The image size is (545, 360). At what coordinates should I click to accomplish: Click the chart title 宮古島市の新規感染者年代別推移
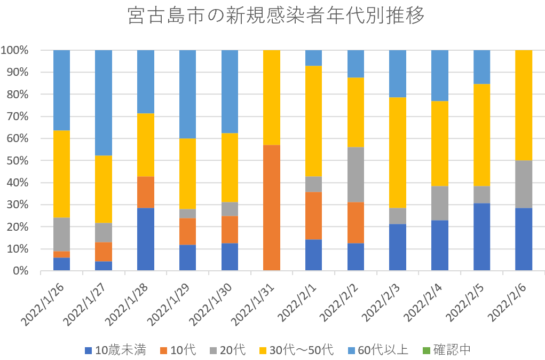coord(277,16)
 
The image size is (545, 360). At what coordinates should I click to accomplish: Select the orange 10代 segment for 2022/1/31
coord(272,208)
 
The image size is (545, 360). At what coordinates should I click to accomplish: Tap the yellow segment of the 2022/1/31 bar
coord(272,97)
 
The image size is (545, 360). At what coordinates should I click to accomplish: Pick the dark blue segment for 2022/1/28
coord(146,239)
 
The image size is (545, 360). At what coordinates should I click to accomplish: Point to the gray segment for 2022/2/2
coord(356,175)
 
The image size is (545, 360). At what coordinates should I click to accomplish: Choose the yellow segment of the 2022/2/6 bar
coord(524,105)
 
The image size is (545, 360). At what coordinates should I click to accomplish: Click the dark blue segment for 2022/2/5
coord(481,237)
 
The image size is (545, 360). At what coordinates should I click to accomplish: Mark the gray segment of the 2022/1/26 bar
coord(62,234)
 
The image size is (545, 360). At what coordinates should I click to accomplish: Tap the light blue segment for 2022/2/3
coord(398,74)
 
